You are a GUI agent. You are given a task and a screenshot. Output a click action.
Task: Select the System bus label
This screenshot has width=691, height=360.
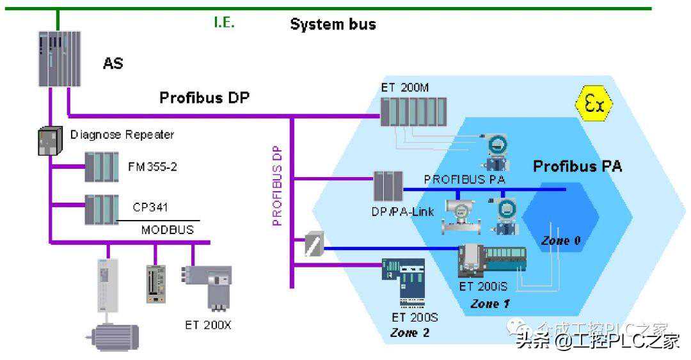[333, 25]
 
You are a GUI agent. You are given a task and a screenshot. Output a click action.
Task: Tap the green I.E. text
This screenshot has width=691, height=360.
[225, 23]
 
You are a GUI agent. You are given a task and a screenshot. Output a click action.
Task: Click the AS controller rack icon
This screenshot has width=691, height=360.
[58, 59]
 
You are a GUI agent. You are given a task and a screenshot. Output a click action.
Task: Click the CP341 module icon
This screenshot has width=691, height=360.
[102, 208]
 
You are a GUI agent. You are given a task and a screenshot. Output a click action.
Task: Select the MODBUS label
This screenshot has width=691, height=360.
[168, 230]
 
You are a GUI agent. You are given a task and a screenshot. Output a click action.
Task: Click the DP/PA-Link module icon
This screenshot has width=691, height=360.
[388, 186]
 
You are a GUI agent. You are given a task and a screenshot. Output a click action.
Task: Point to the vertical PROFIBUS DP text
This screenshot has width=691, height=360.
[278, 185]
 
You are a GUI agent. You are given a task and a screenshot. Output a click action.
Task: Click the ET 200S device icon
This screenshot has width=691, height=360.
[402, 282]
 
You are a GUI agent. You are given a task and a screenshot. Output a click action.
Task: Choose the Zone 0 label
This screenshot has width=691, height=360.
[560, 241]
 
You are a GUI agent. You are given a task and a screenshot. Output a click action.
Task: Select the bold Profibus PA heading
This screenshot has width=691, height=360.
[577, 168]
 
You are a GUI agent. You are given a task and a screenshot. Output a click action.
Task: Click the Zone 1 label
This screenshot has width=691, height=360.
[489, 304]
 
